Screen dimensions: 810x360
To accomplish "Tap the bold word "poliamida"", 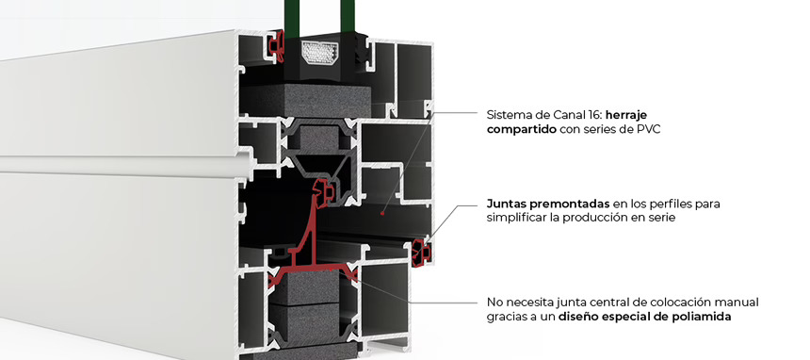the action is point(700,317).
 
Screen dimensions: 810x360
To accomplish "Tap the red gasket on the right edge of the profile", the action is point(421,250).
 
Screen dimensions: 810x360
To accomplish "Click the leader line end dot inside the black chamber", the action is point(381,213).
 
